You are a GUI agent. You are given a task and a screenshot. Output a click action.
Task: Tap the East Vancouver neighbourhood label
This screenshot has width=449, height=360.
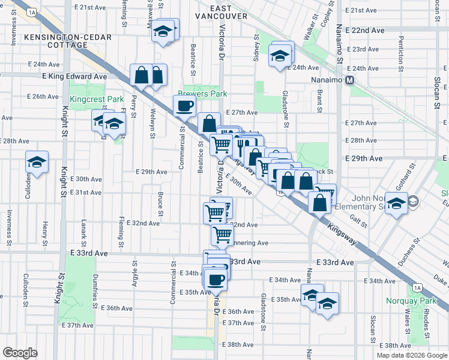[221, 11]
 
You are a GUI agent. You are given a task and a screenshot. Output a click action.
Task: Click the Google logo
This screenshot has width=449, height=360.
[20, 353]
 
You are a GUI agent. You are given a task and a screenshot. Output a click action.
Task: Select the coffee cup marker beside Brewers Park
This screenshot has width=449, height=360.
[185, 106]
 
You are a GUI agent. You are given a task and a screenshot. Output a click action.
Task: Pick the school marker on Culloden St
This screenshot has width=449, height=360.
[37, 162]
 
